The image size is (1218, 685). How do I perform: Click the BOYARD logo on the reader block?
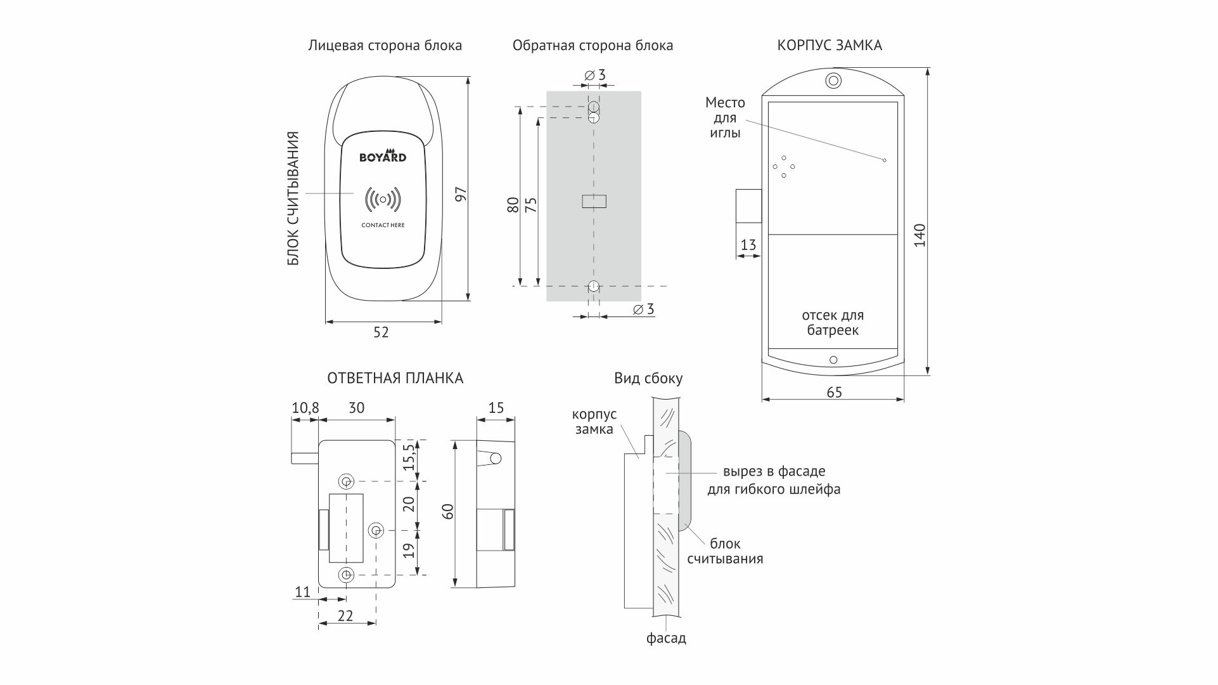pos(383,157)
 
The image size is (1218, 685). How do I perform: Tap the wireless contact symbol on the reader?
pos(383,200)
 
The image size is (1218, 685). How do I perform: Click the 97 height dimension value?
pos(461,194)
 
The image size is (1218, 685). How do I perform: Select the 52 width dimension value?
pos(381,332)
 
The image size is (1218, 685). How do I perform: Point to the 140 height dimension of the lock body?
pos(920,235)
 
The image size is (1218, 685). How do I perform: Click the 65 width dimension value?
pos(834,393)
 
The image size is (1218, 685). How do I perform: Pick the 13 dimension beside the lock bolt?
pos(748,245)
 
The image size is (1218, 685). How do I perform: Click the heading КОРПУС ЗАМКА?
pos(830,46)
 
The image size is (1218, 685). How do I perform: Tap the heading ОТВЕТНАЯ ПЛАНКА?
pos(395,379)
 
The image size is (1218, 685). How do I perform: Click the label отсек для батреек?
pos(833,323)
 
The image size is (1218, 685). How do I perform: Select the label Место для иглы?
pos(725,117)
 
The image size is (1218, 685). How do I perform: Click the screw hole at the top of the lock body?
pos(833,81)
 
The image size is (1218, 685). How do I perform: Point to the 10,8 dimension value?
pos(305,408)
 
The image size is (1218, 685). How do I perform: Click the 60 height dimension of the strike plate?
pos(448,511)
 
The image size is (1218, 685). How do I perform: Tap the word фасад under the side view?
pos(666,638)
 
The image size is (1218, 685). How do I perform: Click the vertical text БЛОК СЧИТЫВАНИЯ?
pos(293,199)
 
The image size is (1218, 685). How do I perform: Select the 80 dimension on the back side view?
pos(513,205)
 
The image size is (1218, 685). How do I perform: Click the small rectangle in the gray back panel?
pos(594,201)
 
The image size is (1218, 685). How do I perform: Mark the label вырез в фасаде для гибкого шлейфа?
pos(774,481)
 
